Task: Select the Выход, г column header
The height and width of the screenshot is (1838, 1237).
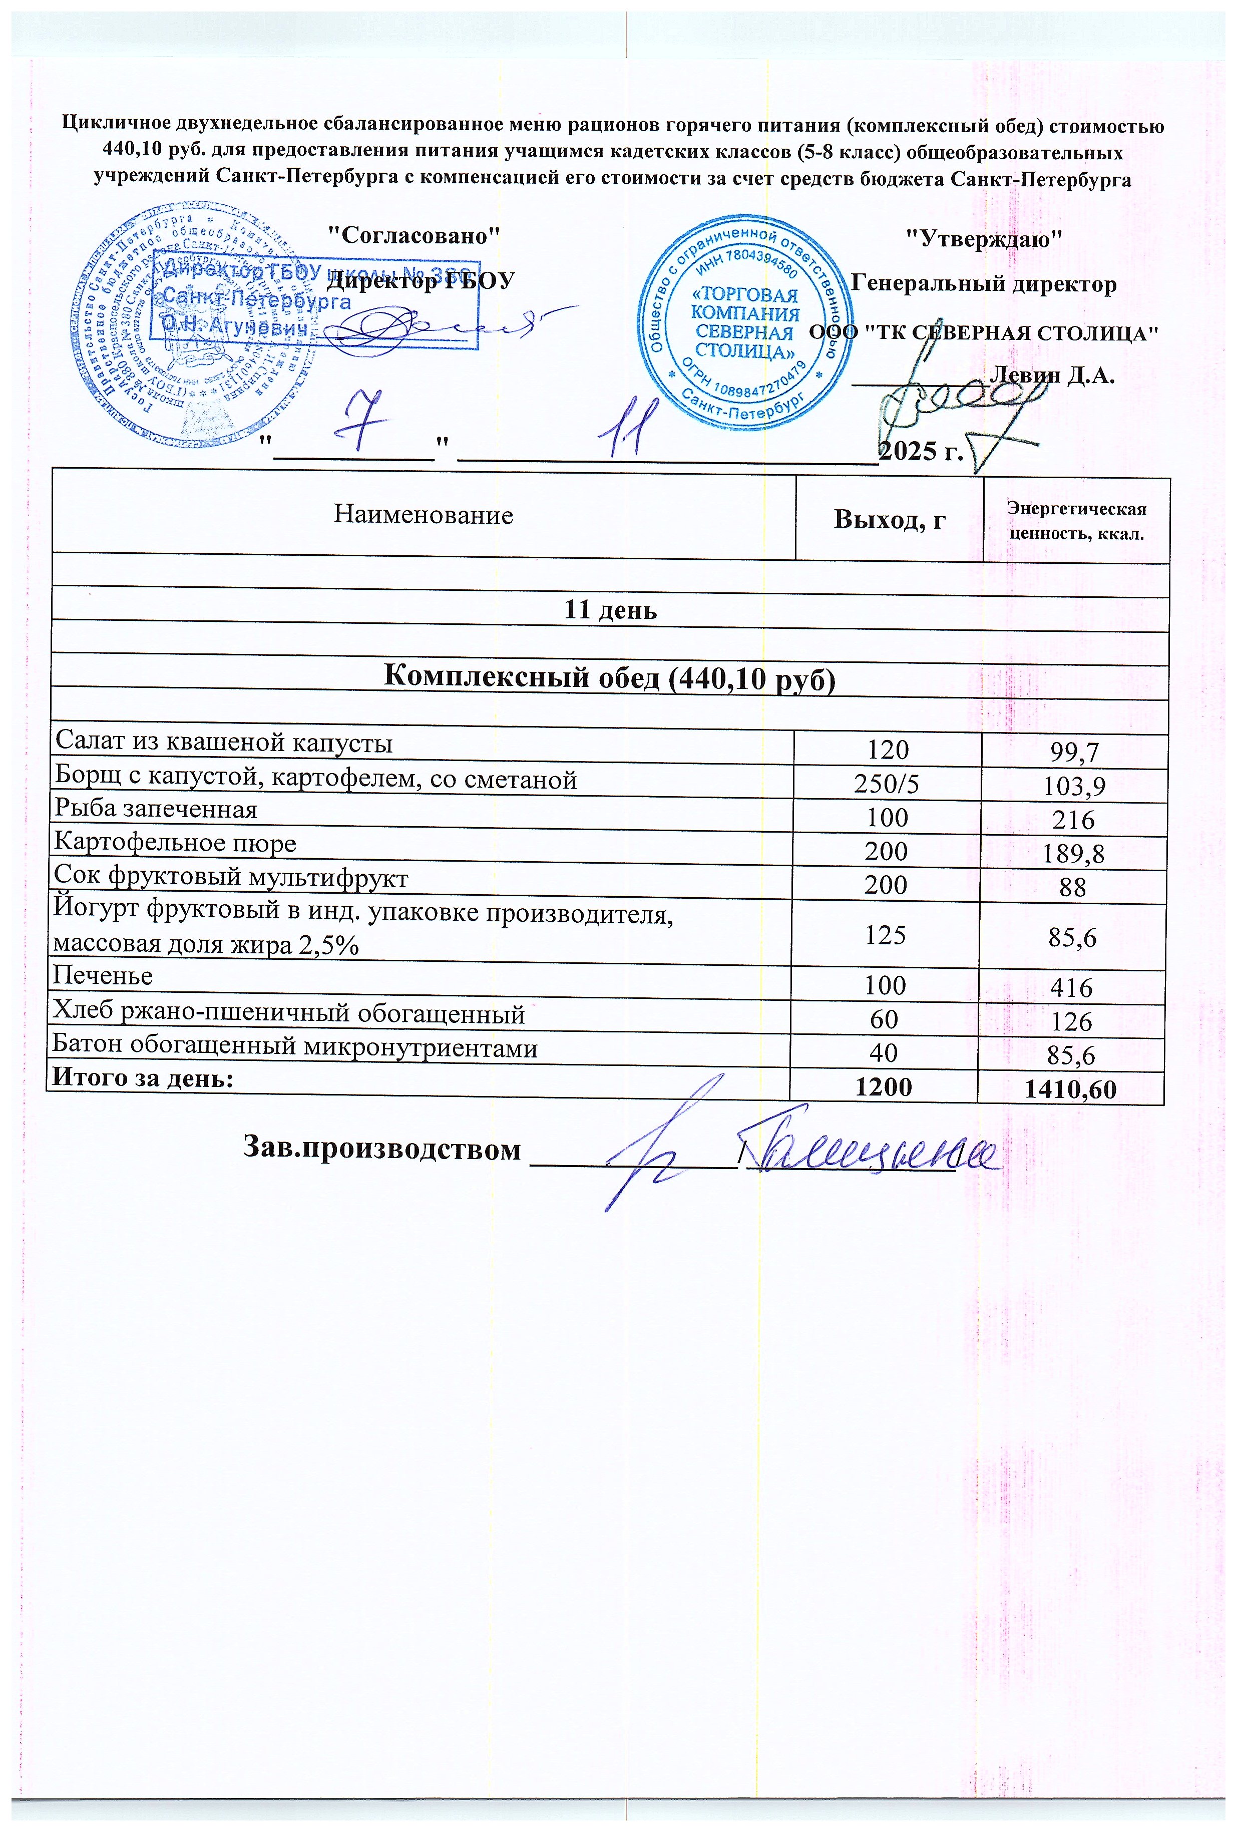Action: pos(889,520)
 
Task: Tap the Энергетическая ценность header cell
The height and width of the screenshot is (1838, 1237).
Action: pos(1076,521)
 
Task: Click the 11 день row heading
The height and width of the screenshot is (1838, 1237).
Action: pos(609,610)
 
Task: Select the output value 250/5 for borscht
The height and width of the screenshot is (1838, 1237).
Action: pos(887,784)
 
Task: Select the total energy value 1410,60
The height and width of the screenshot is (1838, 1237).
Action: pos(1070,1090)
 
